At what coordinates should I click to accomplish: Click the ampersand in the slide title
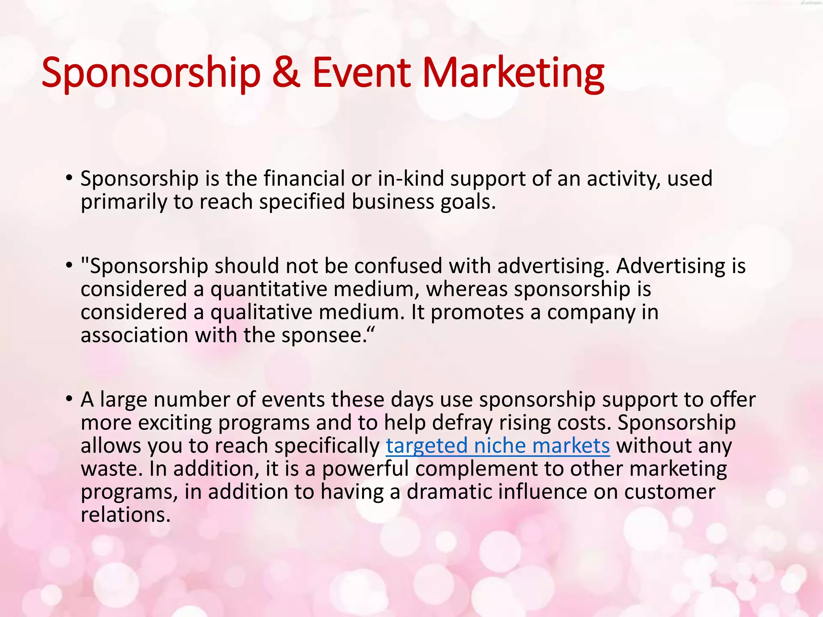point(286,73)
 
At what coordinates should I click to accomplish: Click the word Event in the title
point(362,73)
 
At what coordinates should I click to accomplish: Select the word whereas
point(467,289)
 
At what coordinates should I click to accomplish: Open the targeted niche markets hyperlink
point(497,446)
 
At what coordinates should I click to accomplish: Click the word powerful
point(365,469)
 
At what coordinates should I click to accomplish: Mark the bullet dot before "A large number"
point(69,399)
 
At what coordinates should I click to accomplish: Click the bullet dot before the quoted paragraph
point(69,265)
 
